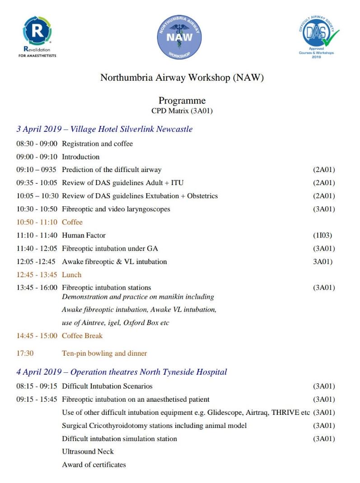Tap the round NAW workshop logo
click(x=179, y=37)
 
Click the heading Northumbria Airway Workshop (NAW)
click(x=182, y=77)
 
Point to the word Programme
click(x=182, y=101)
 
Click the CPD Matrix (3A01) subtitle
click(x=182, y=111)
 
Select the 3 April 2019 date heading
click(x=104, y=129)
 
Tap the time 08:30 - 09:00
click(x=37, y=144)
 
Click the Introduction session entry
click(x=80, y=157)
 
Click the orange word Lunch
click(x=71, y=274)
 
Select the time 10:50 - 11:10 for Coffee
click(x=37, y=222)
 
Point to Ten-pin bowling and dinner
click(x=104, y=353)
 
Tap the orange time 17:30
click(x=25, y=353)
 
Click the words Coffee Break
click(x=82, y=336)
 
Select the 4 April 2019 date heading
click(x=122, y=372)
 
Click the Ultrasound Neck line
click(x=88, y=451)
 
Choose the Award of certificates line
click(x=94, y=464)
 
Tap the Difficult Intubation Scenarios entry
click(x=107, y=386)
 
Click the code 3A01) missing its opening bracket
click(x=323, y=261)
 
